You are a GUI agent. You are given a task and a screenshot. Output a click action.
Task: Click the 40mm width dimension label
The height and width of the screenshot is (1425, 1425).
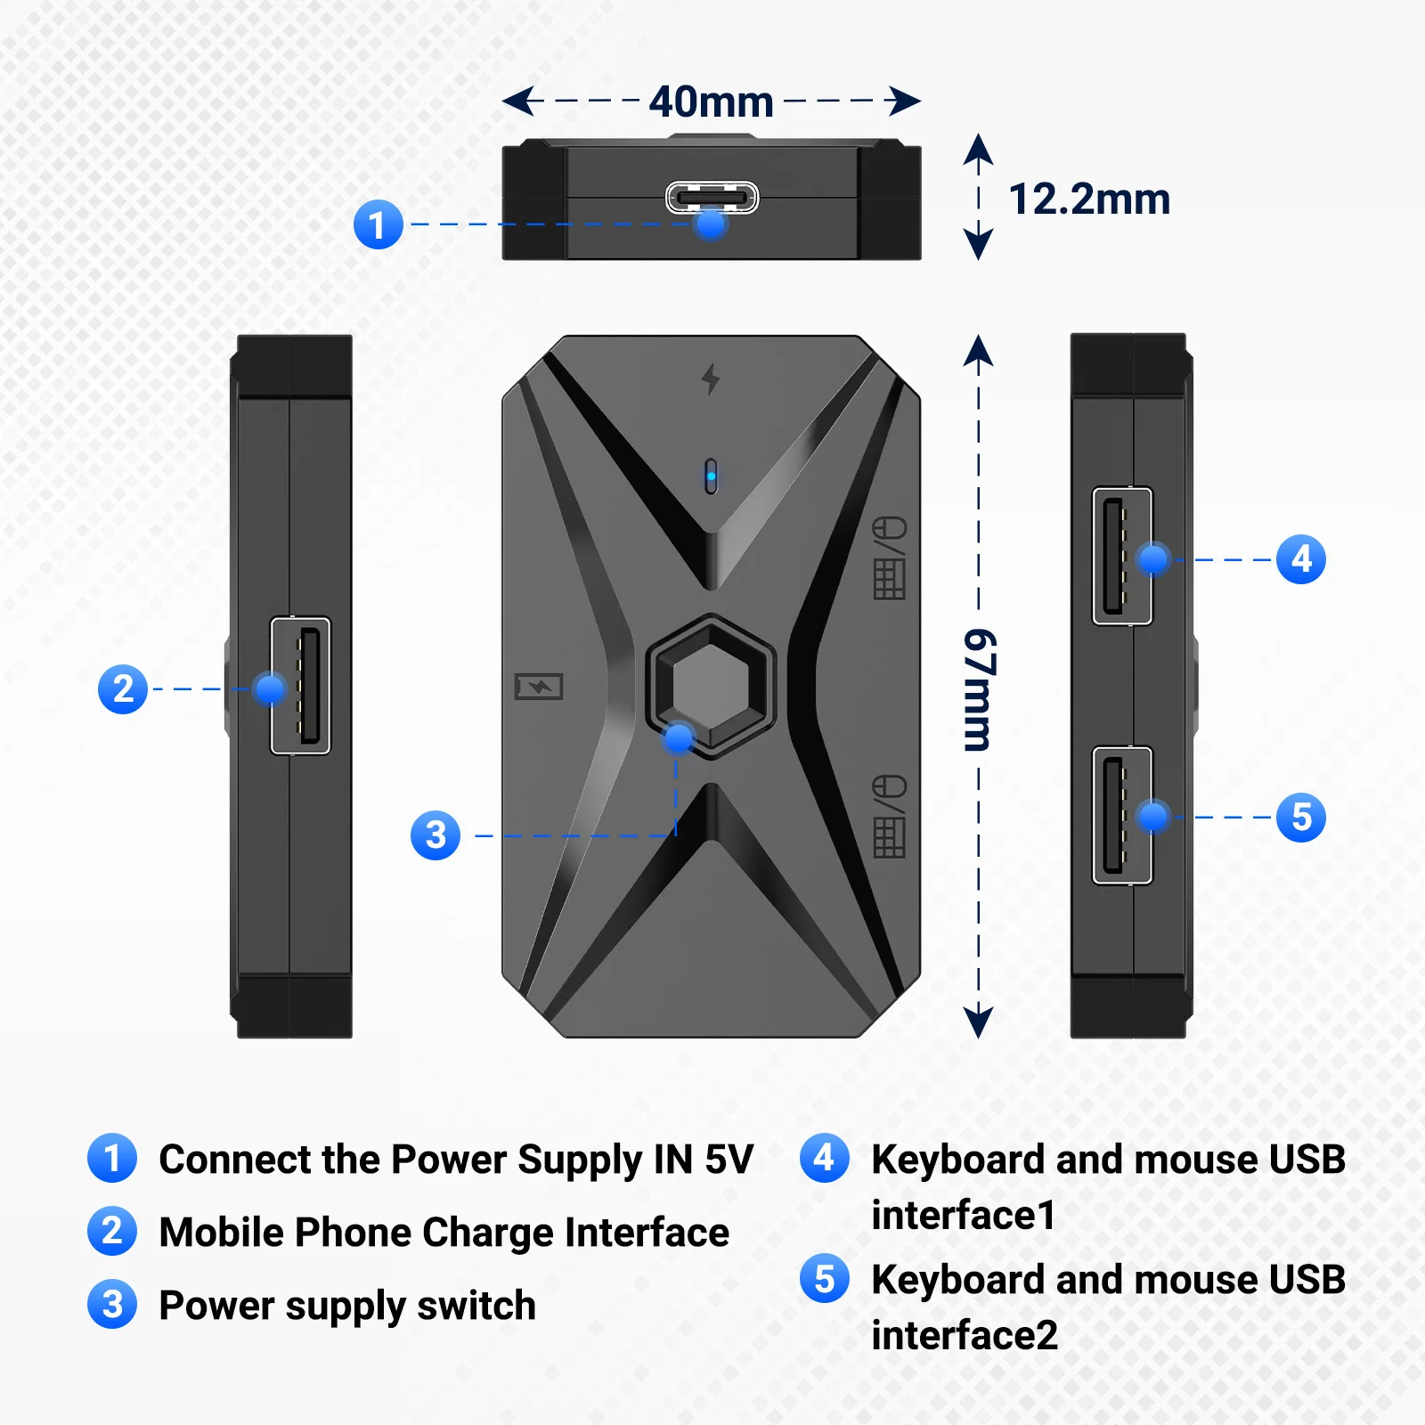click(x=711, y=102)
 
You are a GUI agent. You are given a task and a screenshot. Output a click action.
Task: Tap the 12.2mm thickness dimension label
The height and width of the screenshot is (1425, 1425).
click(x=1088, y=199)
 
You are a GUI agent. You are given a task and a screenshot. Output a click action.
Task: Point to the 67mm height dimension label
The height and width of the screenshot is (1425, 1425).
click(x=980, y=689)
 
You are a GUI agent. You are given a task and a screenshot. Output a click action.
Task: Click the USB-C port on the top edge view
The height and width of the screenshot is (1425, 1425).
click(x=712, y=197)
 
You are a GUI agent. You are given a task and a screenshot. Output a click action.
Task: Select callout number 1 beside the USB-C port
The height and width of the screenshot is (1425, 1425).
click(x=378, y=224)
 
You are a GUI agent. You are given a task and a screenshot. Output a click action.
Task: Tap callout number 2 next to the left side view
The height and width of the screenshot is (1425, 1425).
click(x=123, y=688)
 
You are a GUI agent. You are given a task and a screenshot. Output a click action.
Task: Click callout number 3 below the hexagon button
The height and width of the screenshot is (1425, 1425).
click(x=435, y=835)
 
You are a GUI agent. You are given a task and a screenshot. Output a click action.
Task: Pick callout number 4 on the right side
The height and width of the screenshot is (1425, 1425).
click(x=1300, y=559)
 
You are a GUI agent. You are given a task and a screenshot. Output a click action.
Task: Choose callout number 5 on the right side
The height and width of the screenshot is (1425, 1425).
click(x=1300, y=817)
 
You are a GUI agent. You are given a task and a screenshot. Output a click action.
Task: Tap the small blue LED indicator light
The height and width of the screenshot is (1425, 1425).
click(x=711, y=476)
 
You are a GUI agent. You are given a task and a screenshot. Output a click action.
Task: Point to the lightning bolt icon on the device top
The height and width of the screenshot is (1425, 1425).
click(x=710, y=379)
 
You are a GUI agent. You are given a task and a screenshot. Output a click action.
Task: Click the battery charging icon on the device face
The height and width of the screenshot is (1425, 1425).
click(x=539, y=686)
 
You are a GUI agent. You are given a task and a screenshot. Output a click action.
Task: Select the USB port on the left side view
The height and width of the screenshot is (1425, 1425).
click(x=300, y=685)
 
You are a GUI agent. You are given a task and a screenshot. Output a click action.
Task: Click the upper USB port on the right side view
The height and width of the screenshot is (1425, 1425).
click(x=1122, y=556)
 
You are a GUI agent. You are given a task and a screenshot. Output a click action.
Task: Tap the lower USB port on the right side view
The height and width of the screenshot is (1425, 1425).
click(x=1122, y=815)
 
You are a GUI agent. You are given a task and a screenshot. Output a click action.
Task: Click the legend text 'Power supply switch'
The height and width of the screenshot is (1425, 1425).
click(x=347, y=1306)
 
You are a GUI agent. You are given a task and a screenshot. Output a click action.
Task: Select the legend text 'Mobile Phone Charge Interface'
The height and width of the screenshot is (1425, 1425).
click(x=444, y=1233)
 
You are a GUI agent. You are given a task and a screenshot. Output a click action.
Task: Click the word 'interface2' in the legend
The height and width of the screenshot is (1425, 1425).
click(x=965, y=1335)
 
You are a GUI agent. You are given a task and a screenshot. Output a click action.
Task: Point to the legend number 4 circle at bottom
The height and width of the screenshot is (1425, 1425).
click(x=824, y=1159)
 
